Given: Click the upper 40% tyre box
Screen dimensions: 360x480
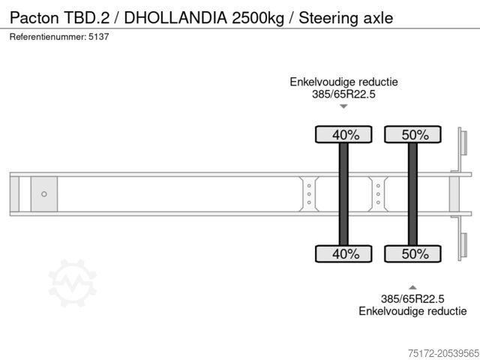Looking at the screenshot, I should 343,135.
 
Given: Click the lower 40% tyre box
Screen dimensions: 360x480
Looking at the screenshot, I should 343,253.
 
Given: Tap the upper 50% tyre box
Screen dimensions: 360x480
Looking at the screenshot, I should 412,135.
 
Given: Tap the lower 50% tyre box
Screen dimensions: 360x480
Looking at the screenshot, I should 412,253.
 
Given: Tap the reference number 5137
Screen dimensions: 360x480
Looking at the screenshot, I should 97,37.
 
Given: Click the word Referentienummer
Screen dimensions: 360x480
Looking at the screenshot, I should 46,37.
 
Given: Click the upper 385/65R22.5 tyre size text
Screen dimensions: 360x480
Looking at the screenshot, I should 343,94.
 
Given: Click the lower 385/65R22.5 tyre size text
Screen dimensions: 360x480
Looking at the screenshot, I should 412,298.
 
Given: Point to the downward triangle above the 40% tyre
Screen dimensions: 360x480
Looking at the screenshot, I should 343,106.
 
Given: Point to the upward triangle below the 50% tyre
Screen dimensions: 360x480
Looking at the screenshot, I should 412,286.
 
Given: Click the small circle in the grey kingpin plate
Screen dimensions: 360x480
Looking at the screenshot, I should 44,194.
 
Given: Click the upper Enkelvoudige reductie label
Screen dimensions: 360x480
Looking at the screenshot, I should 343,82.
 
